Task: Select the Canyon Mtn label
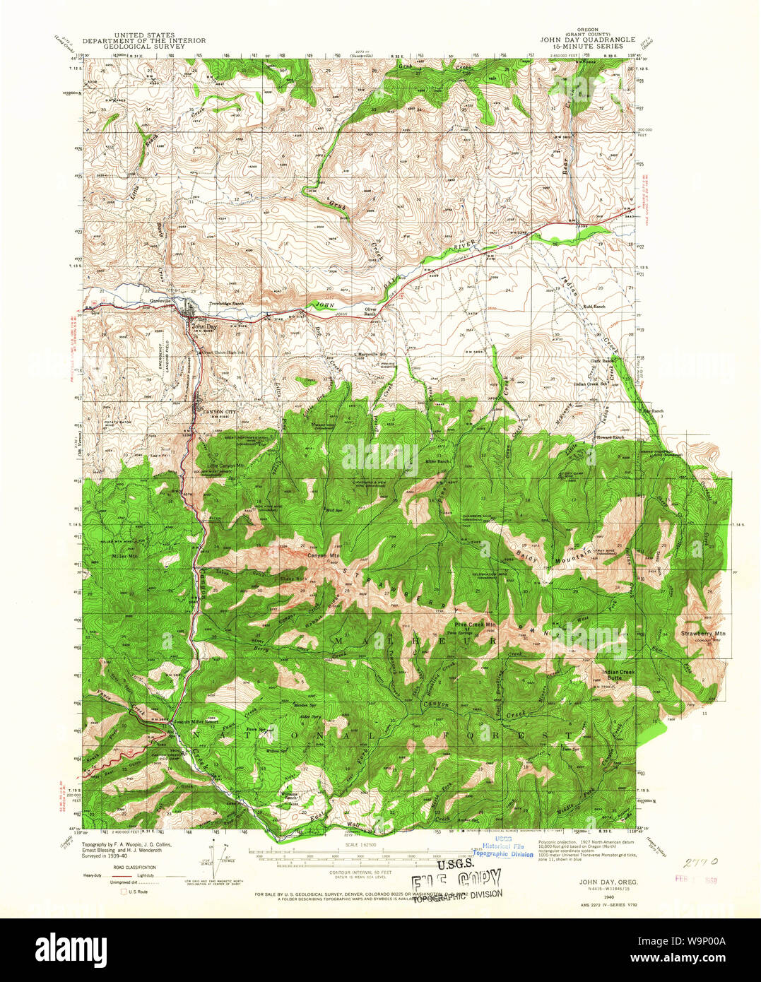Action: [324, 555]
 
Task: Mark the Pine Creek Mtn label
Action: [476, 625]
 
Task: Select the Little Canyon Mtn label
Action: [225, 466]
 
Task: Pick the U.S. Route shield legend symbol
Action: [123, 892]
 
